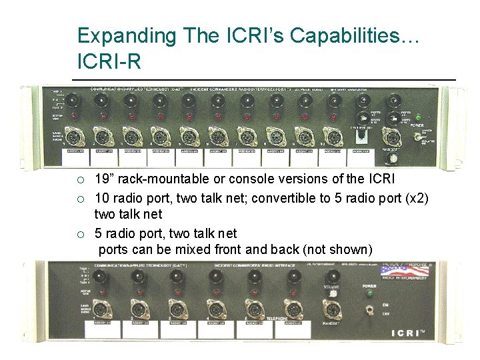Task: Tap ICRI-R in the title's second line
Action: pos(109,62)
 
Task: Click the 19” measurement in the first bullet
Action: pos(105,180)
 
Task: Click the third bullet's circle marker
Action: pos(80,233)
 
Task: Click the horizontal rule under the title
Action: pos(263,80)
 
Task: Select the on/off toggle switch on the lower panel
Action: pos(368,311)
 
